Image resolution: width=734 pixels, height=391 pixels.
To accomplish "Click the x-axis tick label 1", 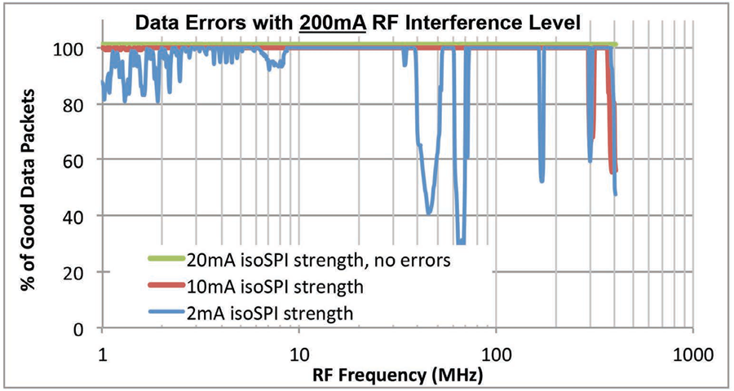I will [x=102, y=356].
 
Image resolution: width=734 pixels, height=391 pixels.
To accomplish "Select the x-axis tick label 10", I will [x=298, y=356].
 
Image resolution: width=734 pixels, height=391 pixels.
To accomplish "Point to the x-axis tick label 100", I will [x=495, y=356].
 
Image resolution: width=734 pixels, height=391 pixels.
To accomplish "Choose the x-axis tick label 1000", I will [x=692, y=356].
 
